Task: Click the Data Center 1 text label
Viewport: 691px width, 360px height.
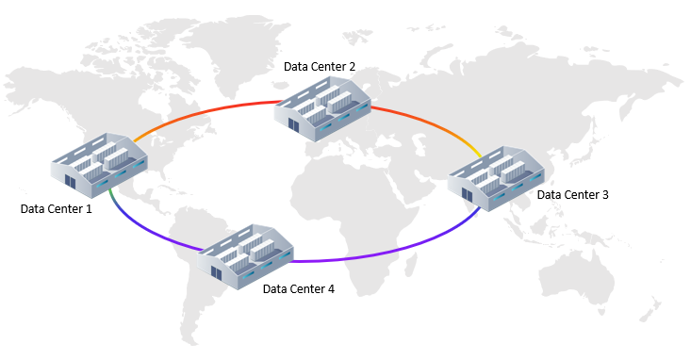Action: (57, 208)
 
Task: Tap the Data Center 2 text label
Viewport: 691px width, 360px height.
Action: (320, 67)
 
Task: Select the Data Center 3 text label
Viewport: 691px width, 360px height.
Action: (573, 195)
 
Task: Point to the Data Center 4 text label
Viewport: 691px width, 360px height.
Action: (298, 289)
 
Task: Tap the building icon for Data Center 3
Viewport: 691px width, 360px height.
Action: (497, 175)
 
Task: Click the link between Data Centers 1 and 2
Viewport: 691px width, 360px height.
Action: (207, 110)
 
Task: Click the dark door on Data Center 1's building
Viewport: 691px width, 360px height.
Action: (69, 178)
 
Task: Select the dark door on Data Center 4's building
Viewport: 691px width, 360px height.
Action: (217, 271)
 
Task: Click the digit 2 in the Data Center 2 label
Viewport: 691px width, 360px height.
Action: (352, 67)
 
